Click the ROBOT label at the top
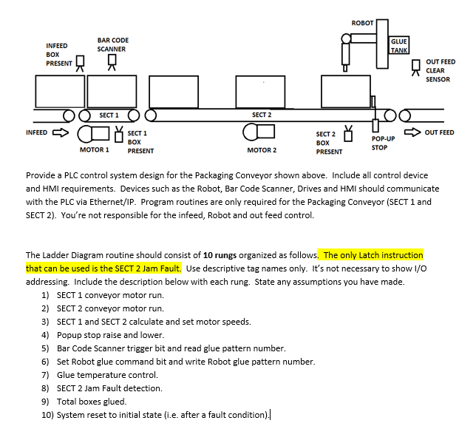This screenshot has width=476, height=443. click(x=362, y=23)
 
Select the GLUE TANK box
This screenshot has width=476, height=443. click(x=399, y=46)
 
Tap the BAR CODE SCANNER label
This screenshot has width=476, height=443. click(x=112, y=44)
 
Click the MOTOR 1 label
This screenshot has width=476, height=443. click(x=94, y=150)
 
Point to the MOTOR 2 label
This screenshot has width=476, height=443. click(x=262, y=150)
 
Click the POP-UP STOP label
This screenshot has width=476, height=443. click(x=383, y=143)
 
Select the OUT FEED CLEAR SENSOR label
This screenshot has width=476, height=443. click(x=441, y=70)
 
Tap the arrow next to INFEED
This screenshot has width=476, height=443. click(x=59, y=133)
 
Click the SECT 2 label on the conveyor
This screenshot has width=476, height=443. click(x=262, y=115)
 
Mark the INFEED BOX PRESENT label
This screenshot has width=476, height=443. click(x=58, y=54)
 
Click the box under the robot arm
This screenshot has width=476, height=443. click(x=345, y=91)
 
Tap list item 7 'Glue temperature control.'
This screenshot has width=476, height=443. click(x=107, y=375)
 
